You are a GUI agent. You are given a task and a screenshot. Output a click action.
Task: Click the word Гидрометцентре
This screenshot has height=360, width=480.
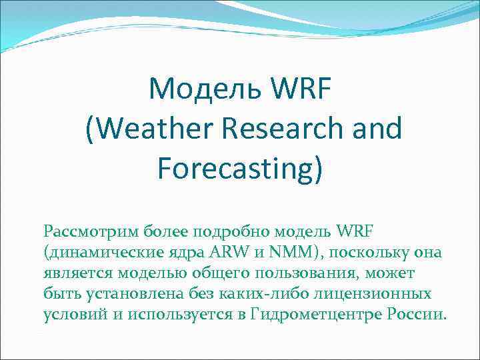(x=317, y=315)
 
